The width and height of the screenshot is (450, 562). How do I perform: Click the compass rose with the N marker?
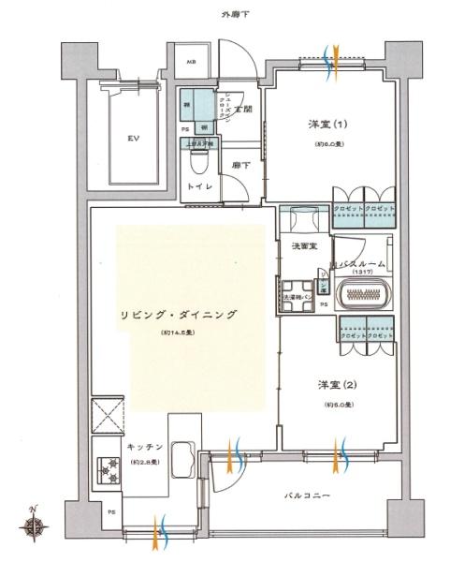click(35, 526)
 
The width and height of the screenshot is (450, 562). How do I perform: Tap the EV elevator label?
click(133, 137)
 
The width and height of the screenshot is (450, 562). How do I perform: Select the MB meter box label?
click(192, 63)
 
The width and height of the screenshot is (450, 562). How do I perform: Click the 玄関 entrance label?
click(243, 110)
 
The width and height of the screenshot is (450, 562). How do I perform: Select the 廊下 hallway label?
click(241, 165)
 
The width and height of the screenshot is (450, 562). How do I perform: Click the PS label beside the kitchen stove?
click(111, 511)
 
